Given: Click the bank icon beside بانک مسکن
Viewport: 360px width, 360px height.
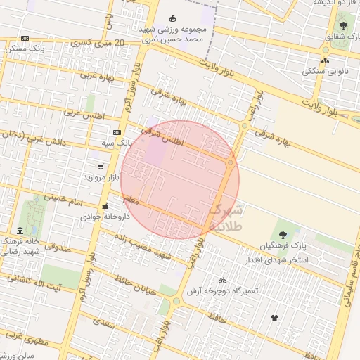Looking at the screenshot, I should pyautogui.click(x=25, y=39).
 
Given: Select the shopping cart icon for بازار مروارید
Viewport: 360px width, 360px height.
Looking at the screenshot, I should pyautogui.click(x=101, y=167).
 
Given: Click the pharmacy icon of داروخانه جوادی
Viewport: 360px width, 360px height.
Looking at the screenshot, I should pyautogui.click(x=105, y=207).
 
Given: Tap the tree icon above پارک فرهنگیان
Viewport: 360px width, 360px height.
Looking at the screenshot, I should pyautogui.click(x=283, y=234).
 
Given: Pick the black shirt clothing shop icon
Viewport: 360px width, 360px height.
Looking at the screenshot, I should pyautogui.click(x=274, y=318).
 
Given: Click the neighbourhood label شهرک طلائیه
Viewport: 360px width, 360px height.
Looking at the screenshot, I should pyautogui.click(x=225, y=218).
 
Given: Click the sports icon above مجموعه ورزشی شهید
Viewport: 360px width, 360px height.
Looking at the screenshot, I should pyautogui.click(x=173, y=18).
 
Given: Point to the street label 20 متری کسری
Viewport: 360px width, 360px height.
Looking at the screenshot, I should pyautogui.click(x=100, y=44).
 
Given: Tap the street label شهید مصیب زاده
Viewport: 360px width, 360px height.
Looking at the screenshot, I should pyautogui.click(x=165, y=247).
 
